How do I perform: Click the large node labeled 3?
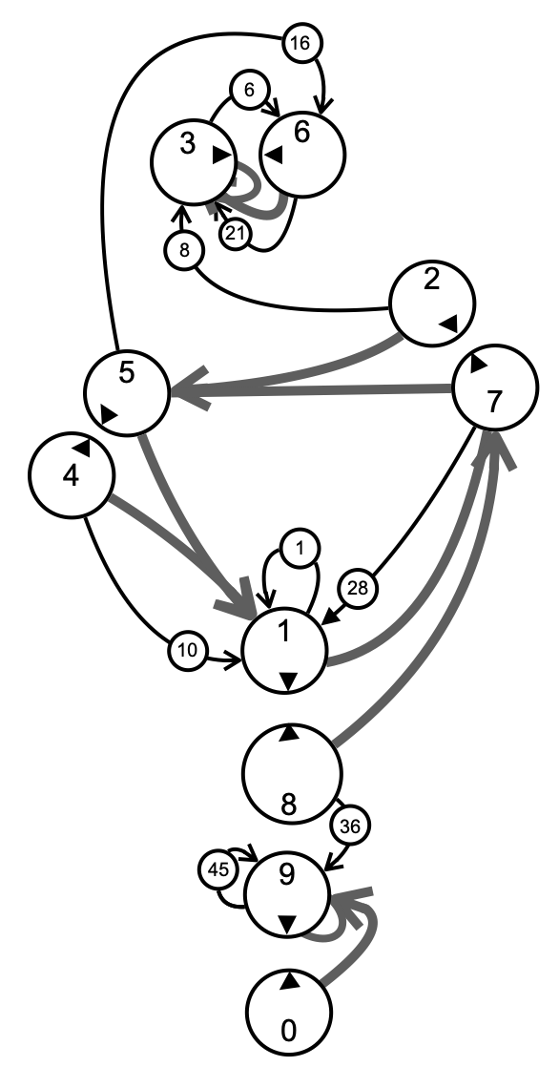click(x=193, y=162)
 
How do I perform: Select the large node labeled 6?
click(x=302, y=155)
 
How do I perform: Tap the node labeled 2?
click(x=432, y=304)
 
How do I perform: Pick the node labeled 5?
click(x=127, y=392)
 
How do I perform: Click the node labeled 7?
click(x=494, y=387)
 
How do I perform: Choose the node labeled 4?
click(x=71, y=475)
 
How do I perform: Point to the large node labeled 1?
click(x=285, y=651)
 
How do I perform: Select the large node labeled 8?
click(x=292, y=772)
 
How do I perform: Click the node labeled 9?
click(x=287, y=893)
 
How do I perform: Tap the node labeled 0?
click(x=288, y=1012)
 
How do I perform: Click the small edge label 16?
click(x=300, y=43)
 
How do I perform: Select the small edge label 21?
click(x=235, y=234)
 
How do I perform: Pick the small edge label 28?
click(x=358, y=587)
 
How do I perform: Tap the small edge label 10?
click(x=187, y=651)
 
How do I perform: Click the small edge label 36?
click(x=350, y=826)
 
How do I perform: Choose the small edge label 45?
click(x=217, y=869)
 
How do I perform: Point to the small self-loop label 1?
click(x=300, y=549)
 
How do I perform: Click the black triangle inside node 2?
click(x=449, y=324)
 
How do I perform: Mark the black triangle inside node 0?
click(x=290, y=980)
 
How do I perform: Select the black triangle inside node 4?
click(x=82, y=447)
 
